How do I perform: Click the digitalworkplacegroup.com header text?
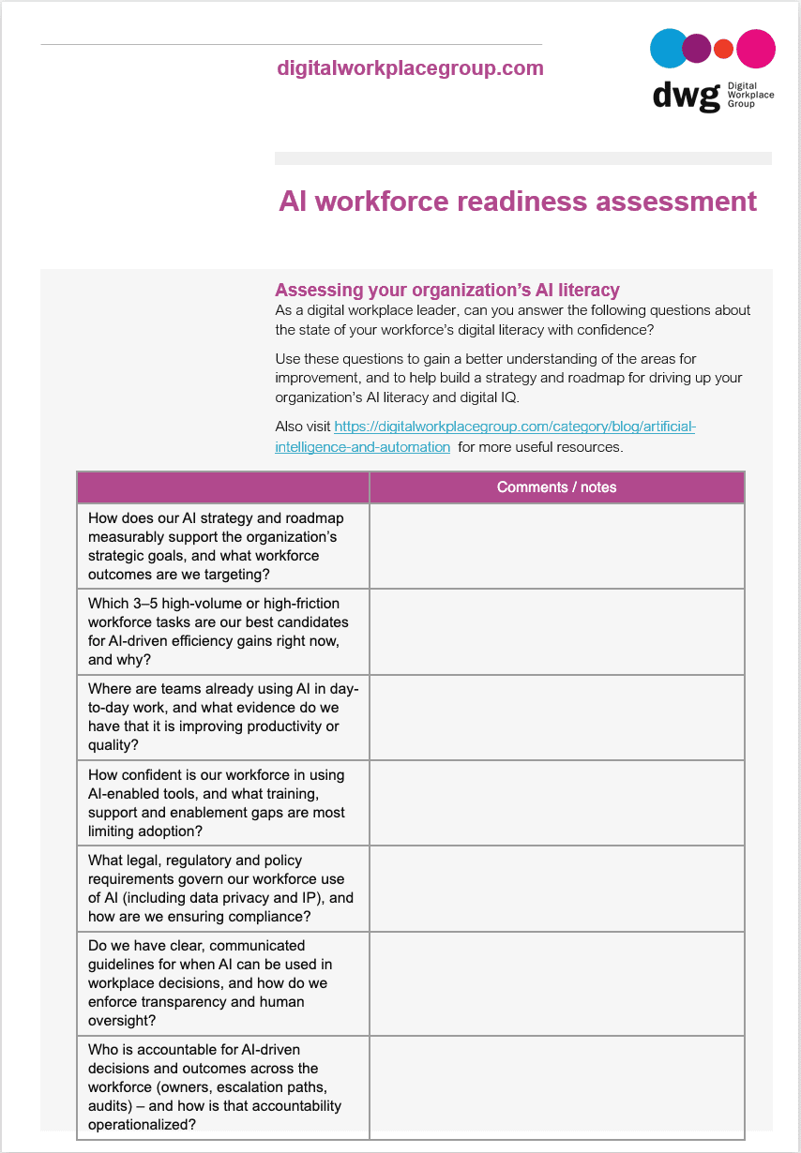pyautogui.click(x=410, y=68)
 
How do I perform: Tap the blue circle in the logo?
pyautogui.click(x=669, y=49)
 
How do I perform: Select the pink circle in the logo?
pyautogui.click(x=756, y=49)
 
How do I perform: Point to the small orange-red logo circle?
pyautogui.click(x=723, y=49)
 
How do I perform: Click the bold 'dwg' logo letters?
pyautogui.click(x=687, y=97)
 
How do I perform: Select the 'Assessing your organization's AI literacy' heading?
pyautogui.click(x=446, y=291)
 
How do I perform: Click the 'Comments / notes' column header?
pyautogui.click(x=556, y=487)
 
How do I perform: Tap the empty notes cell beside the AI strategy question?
pyautogui.click(x=556, y=546)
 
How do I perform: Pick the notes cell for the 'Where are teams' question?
pyautogui.click(x=556, y=717)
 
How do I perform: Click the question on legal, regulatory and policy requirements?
pyautogui.click(x=221, y=888)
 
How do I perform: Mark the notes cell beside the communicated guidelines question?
pyautogui.click(x=556, y=983)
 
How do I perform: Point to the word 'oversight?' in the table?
pyautogui.click(x=122, y=1020)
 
